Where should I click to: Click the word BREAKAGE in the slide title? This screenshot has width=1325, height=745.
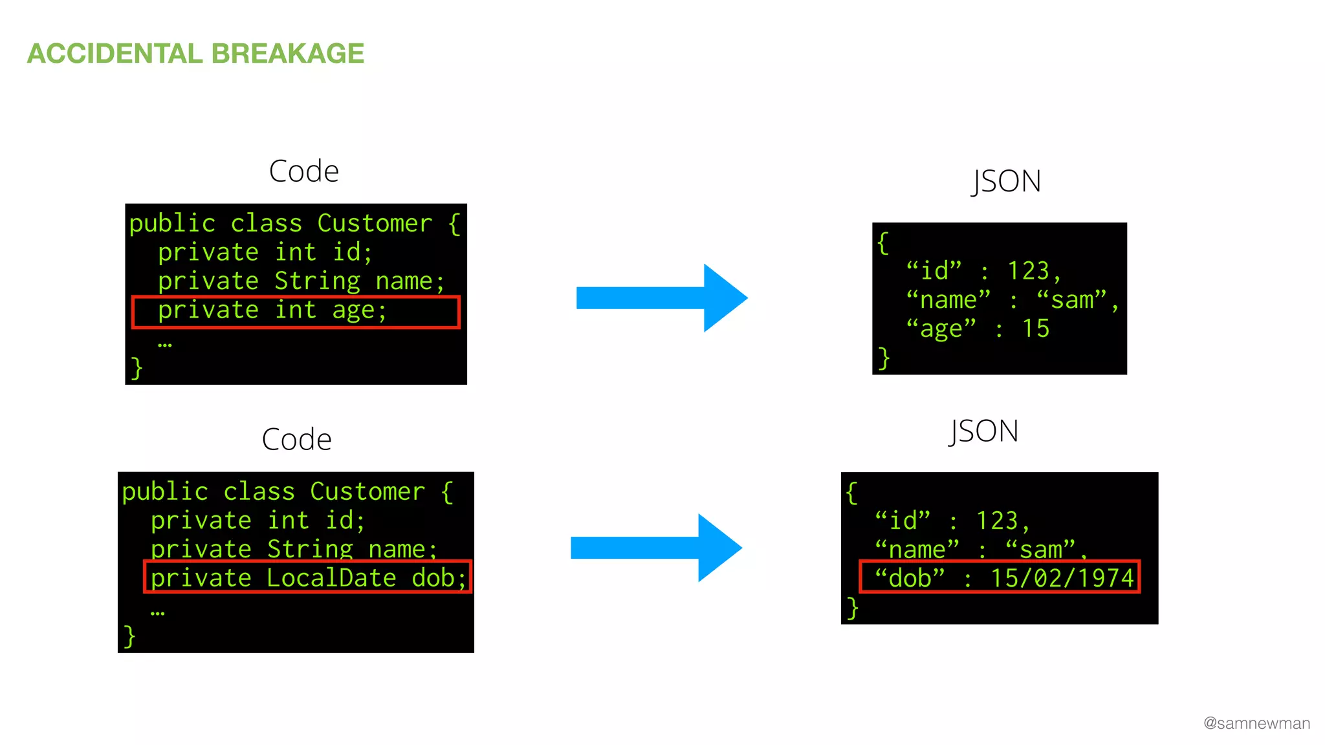tap(287, 54)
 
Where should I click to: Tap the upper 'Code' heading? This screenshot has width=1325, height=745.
tap(303, 171)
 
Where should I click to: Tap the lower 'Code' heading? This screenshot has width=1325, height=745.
tap(296, 440)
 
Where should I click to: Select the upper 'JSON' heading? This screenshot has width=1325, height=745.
tap(1007, 181)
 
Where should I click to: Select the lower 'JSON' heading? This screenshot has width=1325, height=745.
tap(984, 431)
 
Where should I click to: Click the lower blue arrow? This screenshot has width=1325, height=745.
tap(655, 548)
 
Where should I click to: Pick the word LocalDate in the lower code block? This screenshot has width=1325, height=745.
tap(331, 578)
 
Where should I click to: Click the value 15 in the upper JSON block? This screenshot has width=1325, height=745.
tap(1035, 329)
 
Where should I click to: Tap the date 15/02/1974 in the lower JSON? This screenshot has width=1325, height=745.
tap(1062, 578)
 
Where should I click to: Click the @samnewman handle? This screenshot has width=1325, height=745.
tap(1256, 723)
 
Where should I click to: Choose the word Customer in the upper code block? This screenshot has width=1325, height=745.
tap(375, 223)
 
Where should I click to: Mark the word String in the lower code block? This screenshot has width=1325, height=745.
tap(310, 549)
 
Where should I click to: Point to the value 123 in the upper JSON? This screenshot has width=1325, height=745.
tap(1028, 271)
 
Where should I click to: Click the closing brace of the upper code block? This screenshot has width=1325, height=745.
tap(137, 367)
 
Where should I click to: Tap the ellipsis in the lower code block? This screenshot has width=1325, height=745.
tap(157, 612)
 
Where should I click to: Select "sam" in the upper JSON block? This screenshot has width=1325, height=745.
tap(1071, 300)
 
